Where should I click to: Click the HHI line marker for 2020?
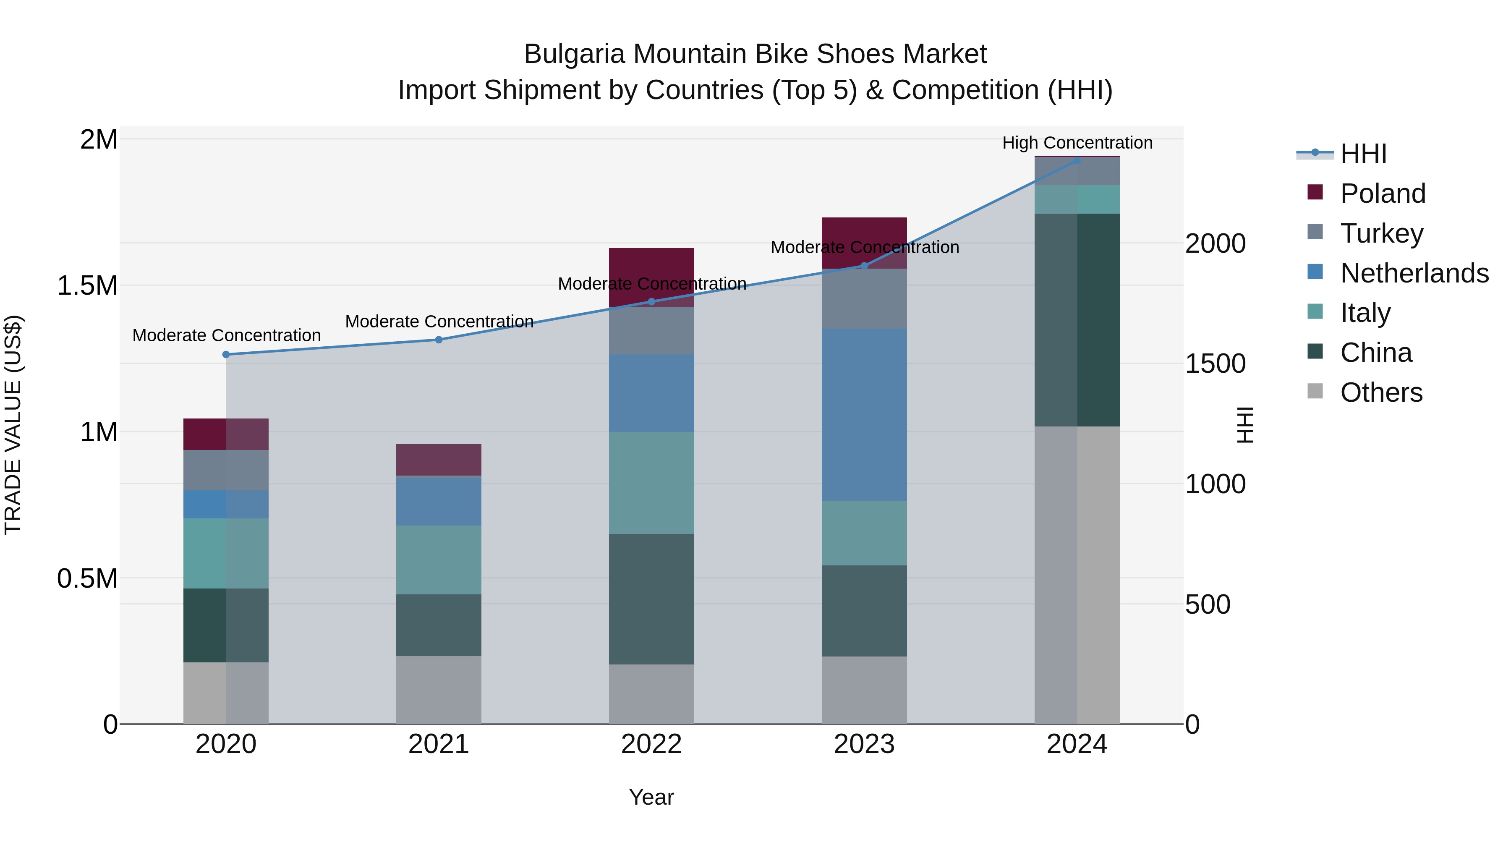point(226,354)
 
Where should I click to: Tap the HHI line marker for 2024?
point(1077,160)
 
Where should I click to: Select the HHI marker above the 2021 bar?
point(439,340)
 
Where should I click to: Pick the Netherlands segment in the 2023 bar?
point(864,414)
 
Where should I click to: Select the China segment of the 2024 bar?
point(1077,320)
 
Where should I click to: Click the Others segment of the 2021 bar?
point(439,689)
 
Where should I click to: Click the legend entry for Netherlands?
point(1414,273)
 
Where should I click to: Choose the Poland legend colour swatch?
point(1315,192)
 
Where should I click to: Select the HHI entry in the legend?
point(1363,154)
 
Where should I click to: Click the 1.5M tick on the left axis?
point(87,286)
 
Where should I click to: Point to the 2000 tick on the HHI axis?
point(1215,243)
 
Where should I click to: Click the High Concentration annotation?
point(1077,143)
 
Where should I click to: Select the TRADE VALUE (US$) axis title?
point(13,425)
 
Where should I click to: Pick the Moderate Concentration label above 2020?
point(226,335)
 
